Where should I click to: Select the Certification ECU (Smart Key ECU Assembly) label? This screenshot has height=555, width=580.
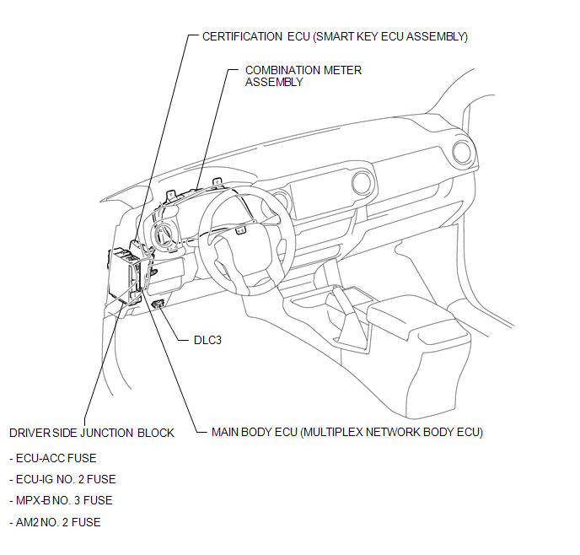pyautogui.click(x=335, y=36)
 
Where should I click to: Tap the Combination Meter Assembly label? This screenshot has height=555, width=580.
pyautogui.click(x=303, y=76)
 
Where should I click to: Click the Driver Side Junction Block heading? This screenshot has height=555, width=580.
pyautogui.click(x=92, y=433)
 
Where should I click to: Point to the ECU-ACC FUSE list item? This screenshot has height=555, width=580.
pyautogui.click(x=55, y=458)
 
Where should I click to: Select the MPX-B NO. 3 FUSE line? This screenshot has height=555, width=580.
pyautogui.click(x=62, y=500)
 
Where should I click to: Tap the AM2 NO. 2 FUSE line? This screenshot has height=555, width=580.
pyautogui.click(x=56, y=522)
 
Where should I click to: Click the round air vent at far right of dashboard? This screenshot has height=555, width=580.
pyautogui.click(x=462, y=153)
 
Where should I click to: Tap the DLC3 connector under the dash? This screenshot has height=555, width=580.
pyautogui.click(x=158, y=303)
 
